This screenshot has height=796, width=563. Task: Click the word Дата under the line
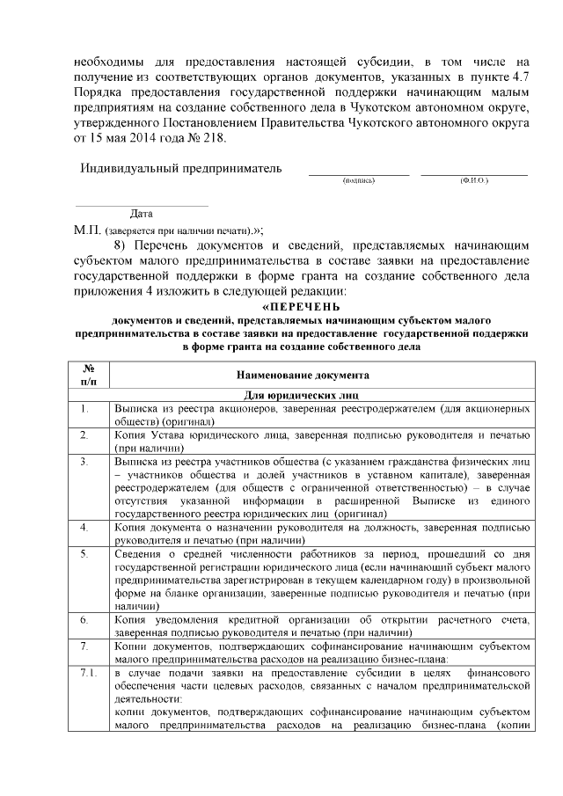[x=141, y=214]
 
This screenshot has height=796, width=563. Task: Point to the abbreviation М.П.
[x=88, y=230]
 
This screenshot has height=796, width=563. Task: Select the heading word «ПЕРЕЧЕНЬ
[x=288, y=307]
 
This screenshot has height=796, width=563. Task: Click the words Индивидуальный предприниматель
[x=181, y=168]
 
